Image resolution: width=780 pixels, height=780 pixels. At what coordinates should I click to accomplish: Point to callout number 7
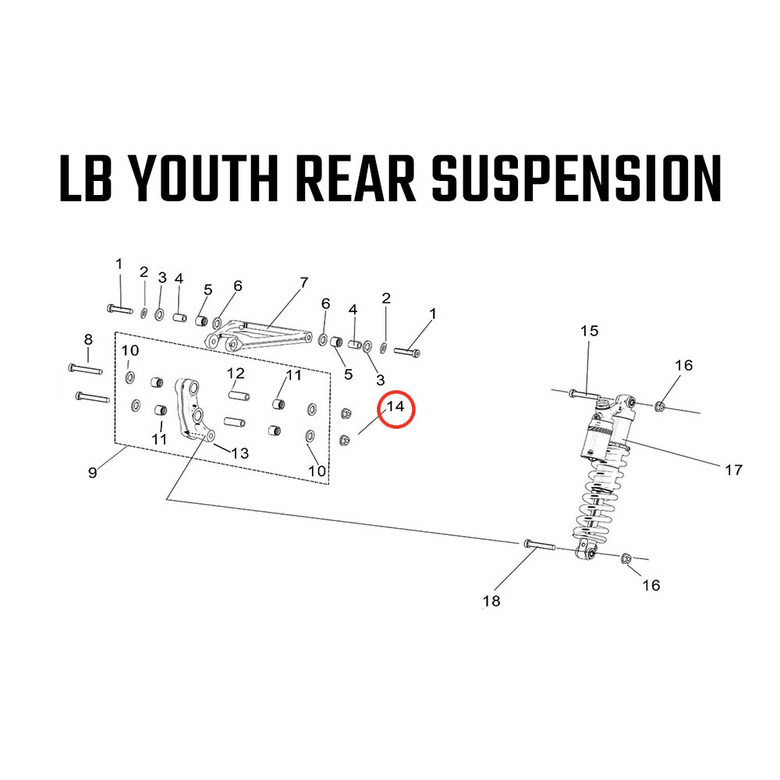[x=303, y=282]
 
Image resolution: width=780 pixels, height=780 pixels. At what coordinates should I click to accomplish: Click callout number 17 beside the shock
[x=733, y=470]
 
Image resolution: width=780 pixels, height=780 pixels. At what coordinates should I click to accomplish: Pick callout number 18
[x=491, y=601]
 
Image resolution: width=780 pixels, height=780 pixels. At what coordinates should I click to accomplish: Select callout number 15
[x=589, y=331]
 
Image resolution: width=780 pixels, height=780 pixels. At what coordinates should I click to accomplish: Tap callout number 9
[x=93, y=472]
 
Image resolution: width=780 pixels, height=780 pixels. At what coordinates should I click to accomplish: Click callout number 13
[x=239, y=453]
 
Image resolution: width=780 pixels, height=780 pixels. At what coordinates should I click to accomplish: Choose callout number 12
[x=236, y=374]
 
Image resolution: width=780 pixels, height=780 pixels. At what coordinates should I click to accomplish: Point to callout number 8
[x=88, y=339]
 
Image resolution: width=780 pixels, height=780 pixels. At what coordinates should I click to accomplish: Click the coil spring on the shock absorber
[x=596, y=499]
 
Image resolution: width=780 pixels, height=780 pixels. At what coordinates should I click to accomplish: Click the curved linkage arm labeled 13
[x=192, y=409]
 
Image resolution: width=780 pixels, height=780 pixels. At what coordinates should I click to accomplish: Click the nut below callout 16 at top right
[x=661, y=404]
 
